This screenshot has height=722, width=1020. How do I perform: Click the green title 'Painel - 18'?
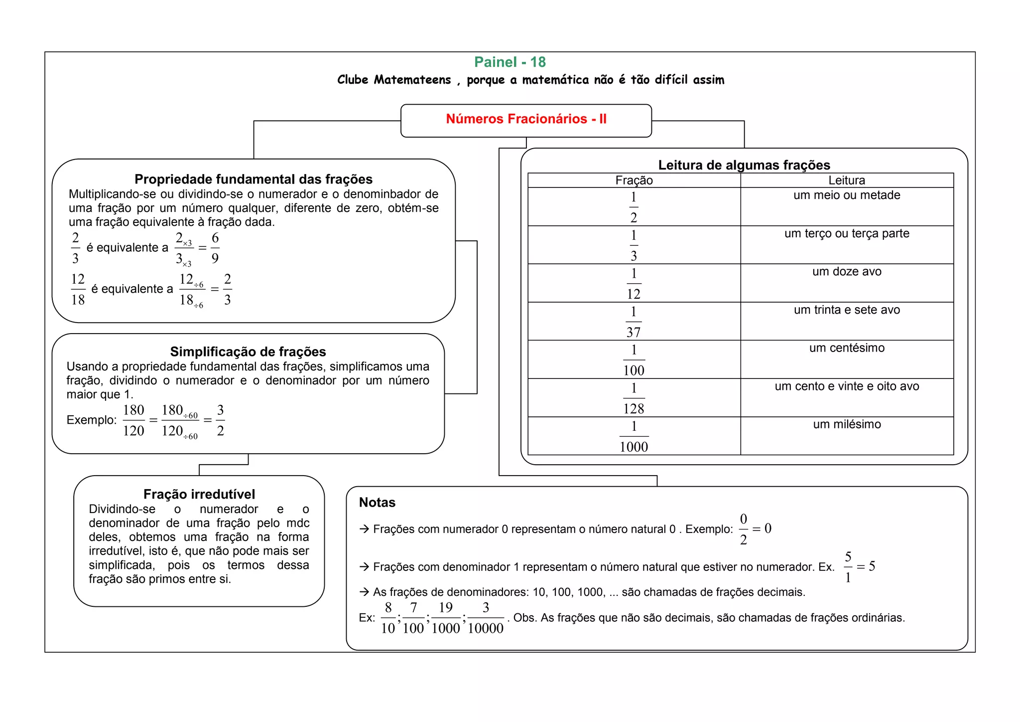click(x=510, y=62)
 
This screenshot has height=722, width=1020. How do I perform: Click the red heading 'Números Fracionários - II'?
click(x=526, y=119)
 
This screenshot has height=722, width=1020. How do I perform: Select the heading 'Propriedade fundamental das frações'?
click(x=254, y=179)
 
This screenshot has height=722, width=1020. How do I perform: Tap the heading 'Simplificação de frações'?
click(x=248, y=352)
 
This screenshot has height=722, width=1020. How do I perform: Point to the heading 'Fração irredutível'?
click(x=199, y=494)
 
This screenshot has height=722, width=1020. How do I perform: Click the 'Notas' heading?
click(x=377, y=502)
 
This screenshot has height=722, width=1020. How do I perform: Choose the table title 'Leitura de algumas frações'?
click(x=744, y=165)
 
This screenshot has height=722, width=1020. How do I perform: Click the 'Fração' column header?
click(x=634, y=180)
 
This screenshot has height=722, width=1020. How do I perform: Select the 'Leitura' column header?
click(x=847, y=180)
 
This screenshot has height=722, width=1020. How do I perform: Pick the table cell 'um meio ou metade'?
click(x=847, y=195)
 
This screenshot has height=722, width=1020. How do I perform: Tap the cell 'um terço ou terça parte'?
click(x=847, y=233)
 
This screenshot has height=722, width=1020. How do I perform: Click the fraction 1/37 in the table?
click(x=634, y=322)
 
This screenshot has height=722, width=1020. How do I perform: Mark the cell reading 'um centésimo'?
click(x=847, y=348)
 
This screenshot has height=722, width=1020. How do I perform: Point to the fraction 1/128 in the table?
click(x=634, y=398)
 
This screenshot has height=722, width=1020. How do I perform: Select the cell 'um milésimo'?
click(x=847, y=424)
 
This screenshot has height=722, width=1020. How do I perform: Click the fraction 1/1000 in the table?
click(x=634, y=436)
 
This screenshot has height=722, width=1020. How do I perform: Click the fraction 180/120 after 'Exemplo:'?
click(x=133, y=420)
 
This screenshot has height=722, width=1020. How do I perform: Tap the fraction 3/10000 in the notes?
click(x=486, y=618)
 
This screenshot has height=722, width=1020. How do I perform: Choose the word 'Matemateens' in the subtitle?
click(x=412, y=80)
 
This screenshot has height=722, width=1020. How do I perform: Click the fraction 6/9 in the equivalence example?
click(x=215, y=248)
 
